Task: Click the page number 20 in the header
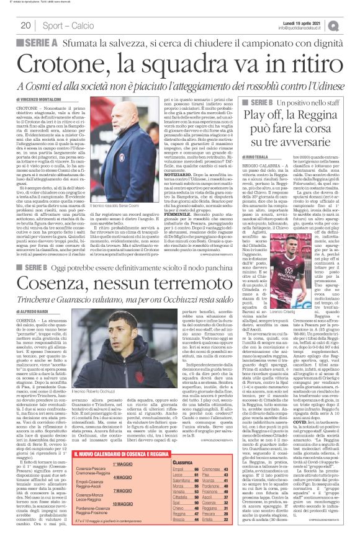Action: (x=25, y=25)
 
